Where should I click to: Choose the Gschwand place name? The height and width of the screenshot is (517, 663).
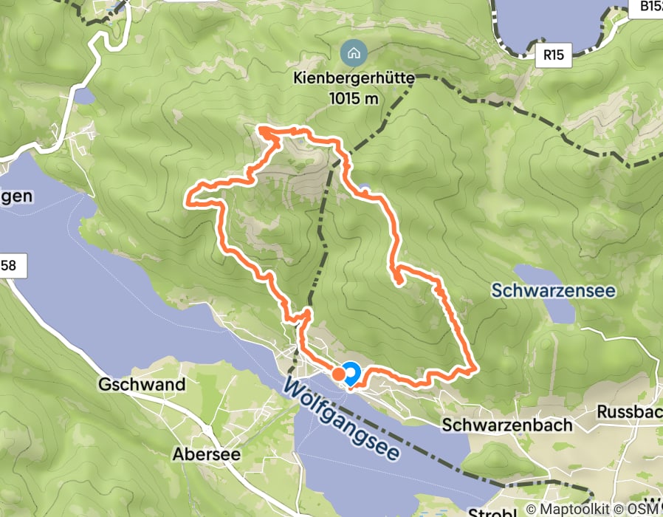(x=141, y=385)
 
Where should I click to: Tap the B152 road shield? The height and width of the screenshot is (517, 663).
(x=648, y=7)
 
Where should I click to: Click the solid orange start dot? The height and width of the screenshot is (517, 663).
(x=337, y=374)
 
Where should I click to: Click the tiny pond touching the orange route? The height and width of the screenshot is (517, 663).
(x=365, y=188)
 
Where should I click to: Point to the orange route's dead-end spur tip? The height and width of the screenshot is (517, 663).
(x=398, y=281)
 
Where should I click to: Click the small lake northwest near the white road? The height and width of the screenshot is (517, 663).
(x=83, y=96)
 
